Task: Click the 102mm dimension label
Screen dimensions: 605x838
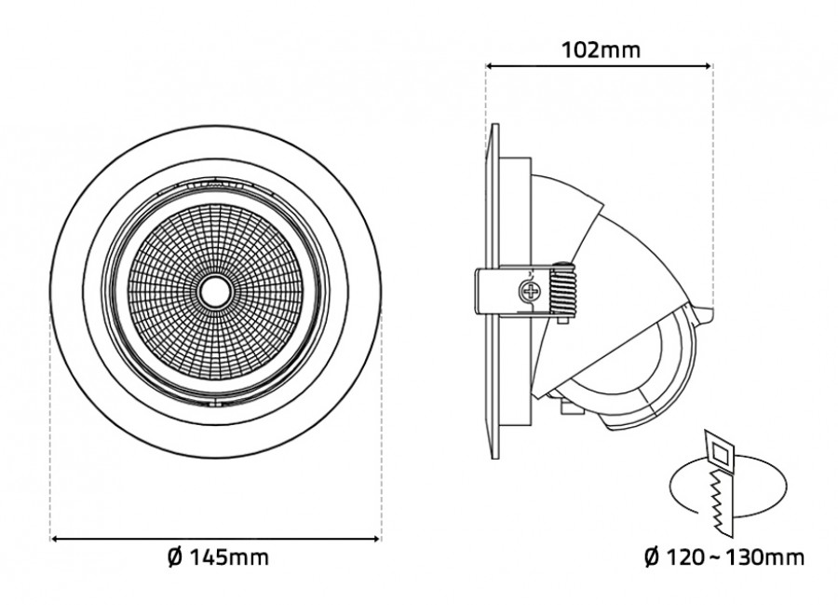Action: click(x=601, y=49)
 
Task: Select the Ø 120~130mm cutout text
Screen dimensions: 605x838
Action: click(x=723, y=557)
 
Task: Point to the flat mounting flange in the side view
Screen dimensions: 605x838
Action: click(x=493, y=373)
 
